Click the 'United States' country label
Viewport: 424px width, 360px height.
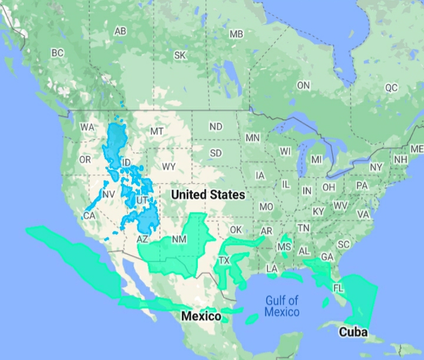[208, 194]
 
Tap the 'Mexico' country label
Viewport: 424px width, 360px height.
[201, 316]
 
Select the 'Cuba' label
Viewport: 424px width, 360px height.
[353, 332]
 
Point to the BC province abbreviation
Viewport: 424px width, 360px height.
[57, 53]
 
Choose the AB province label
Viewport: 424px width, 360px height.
[121, 31]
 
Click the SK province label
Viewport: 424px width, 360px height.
[181, 55]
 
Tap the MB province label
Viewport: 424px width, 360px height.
[236, 34]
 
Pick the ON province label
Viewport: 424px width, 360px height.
[303, 86]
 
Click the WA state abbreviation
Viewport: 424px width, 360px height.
[87, 127]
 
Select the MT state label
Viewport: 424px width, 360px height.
[157, 131]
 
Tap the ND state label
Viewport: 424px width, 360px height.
[216, 127]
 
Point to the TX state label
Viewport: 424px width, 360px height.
[224, 260]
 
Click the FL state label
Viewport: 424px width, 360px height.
[338, 288]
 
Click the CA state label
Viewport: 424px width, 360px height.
[90, 216]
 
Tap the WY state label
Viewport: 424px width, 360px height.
[168, 167]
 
